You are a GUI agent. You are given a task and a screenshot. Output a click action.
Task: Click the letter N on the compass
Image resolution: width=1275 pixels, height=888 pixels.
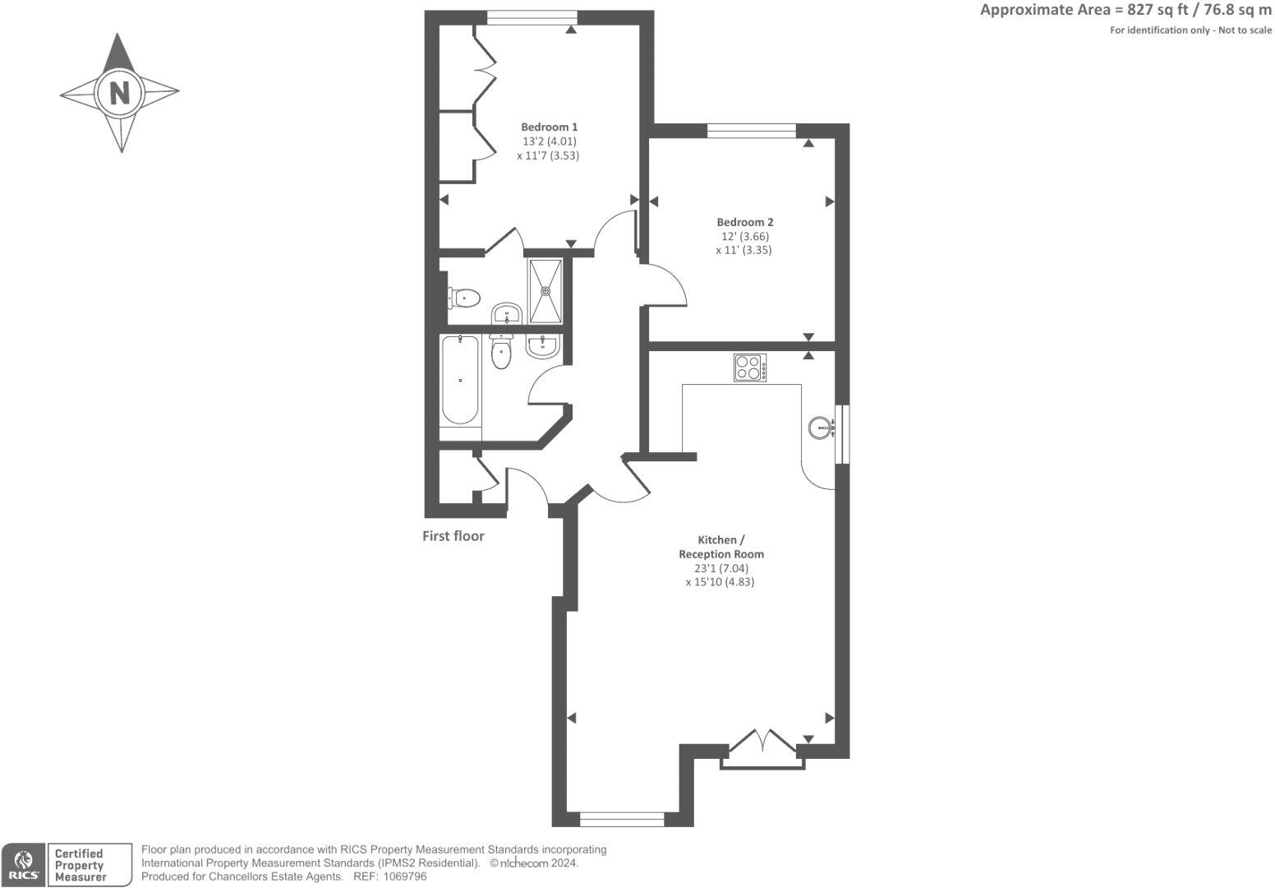(120, 92)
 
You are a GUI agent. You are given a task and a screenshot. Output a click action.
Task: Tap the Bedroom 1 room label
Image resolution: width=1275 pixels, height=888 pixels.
(549, 127)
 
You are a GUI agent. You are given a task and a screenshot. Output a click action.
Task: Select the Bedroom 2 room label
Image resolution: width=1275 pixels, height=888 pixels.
(744, 222)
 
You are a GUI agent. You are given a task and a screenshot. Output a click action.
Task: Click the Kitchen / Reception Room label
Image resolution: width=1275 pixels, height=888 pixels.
(720, 547)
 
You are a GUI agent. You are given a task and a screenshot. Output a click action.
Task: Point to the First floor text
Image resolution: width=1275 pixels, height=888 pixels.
(453, 536)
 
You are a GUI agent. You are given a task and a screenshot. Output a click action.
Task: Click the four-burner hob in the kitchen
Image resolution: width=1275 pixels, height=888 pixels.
(750, 367)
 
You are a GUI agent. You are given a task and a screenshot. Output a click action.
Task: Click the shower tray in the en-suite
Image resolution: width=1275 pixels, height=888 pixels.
(545, 290)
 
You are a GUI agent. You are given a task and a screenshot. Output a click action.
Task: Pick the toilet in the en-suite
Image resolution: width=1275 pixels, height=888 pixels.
(463, 297)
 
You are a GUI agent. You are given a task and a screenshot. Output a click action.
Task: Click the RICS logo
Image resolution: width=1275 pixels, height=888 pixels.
(23, 865)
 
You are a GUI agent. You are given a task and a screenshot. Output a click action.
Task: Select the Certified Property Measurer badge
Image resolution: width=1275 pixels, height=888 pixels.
(90, 865)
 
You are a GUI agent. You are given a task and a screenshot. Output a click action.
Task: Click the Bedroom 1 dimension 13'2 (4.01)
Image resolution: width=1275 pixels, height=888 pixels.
(549, 141)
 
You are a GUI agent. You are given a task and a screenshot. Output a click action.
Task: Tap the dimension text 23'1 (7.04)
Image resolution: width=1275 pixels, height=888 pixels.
(716, 568)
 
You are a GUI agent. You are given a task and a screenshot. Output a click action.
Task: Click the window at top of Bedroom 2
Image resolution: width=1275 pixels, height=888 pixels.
(751, 129)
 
